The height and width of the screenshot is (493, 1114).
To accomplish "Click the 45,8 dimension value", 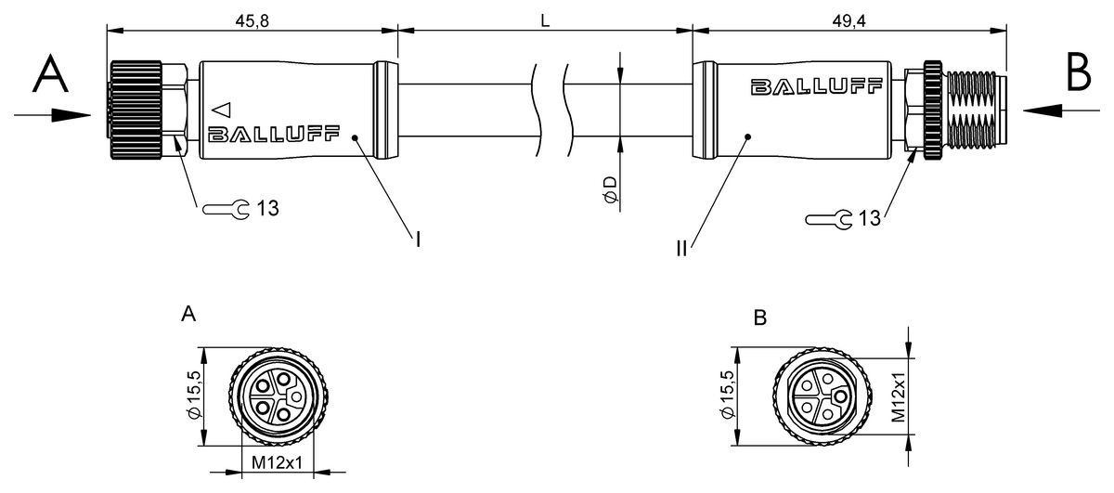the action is tap(253, 21).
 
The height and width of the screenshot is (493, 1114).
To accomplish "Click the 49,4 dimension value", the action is tap(848, 21).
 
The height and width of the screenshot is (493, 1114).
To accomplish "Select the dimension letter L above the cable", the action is tap(545, 21).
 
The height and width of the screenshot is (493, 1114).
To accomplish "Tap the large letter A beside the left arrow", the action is tap(50, 73).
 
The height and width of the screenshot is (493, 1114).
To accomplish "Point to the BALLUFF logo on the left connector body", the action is tap(274, 134).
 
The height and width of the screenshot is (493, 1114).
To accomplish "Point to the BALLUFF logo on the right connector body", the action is tap(816, 86).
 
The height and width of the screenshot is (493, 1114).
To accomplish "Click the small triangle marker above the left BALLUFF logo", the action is tap(222, 110).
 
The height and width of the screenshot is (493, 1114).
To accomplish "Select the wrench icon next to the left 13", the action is tap(227, 209).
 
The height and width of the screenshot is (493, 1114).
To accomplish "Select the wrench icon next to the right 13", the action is tap(829, 219).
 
